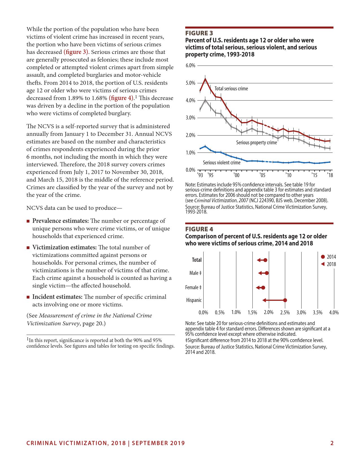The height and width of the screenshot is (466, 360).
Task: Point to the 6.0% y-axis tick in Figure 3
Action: pyautogui.click(x=191, y=66)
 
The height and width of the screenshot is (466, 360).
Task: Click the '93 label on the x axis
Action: pyautogui.click(x=200, y=175)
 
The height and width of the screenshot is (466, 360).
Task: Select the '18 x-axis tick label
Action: pyautogui.click(x=330, y=175)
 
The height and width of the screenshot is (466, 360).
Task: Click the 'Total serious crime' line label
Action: pyautogui.click(x=231, y=89)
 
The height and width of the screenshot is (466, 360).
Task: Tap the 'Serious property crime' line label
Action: pyautogui.click(x=256, y=143)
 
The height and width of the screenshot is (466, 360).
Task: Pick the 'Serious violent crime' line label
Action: pyautogui.click(x=222, y=163)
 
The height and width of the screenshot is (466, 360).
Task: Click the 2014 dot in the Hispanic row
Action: pyautogui.click(x=285, y=300)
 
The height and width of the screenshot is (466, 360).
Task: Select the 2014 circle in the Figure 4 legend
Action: pyautogui.click(x=323, y=257)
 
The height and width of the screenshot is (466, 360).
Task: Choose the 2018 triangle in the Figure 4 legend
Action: pyautogui.click(x=323, y=264)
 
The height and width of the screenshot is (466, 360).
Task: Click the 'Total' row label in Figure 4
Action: pyautogui.click(x=197, y=260)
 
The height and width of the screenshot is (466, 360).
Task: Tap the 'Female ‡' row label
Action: pyautogui.click(x=193, y=288)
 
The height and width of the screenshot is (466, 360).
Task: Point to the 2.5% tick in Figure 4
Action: pyautogui.click(x=285, y=313)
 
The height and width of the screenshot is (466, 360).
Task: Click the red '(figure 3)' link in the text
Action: pyautogui.click(x=76, y=52)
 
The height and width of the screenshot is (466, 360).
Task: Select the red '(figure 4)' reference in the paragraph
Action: pyautogui.click(x=121, y=98)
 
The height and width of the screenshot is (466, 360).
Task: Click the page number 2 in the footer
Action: pyautogui.click(x=332, y=443)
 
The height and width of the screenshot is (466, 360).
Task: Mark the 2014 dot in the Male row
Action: pyautogui.click(x=267, y=273)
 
